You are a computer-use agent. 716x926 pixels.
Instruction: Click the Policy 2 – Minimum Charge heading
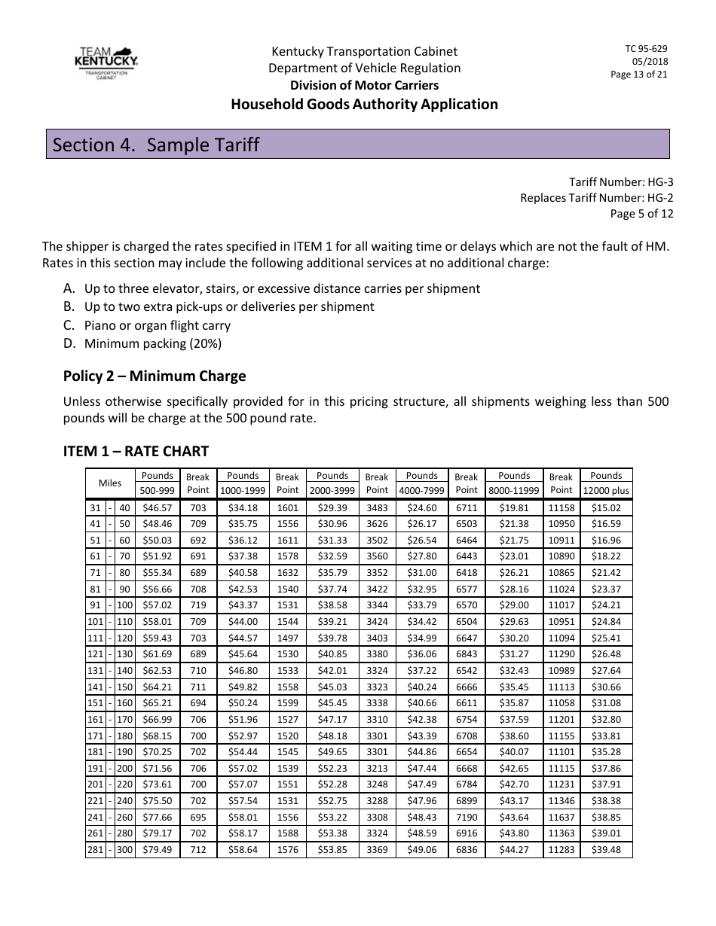(x=155, y=376)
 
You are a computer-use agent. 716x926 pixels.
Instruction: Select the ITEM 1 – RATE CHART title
(x=136, y=451)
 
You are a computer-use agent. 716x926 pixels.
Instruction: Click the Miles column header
(x=109, y=483)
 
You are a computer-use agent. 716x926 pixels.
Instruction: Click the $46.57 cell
(x=157, y=507)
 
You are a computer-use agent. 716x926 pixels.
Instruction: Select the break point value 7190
(x=467, y=817)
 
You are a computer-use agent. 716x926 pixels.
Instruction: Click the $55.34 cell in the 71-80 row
(x=157, y=573)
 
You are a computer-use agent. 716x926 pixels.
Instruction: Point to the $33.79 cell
(x=421, y=605)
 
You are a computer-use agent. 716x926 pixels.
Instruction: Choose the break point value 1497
(x=287, y=638)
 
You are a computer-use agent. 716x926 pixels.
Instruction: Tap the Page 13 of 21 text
(x=638, y=75)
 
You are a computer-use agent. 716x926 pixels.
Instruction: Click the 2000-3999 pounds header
(x=332, y=490)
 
